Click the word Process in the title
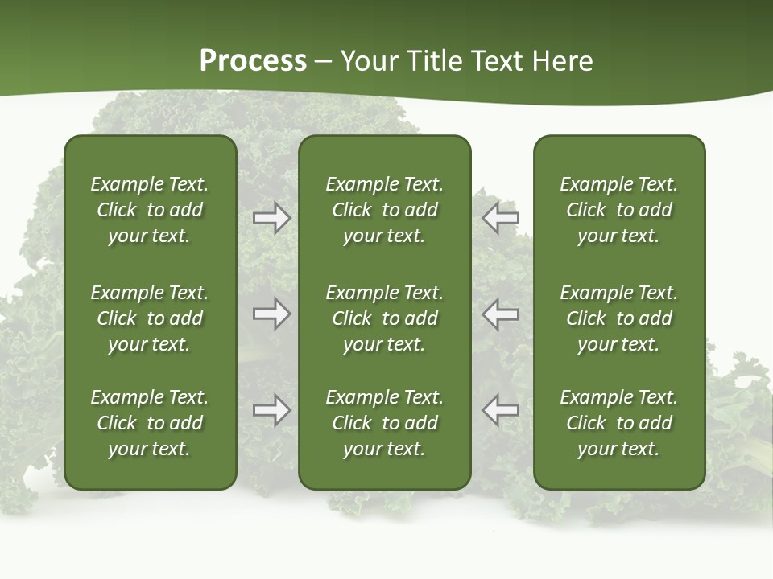[x=253, y=61]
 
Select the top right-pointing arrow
[x=271, y=218]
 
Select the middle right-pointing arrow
[x=271, y=314]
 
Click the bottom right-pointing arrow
[x=271, y=410]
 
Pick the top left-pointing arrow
[x=501, y=218]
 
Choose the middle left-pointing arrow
[x=501, y=314]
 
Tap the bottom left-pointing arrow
[x=501, y=410]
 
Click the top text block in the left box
[x=150, y=210]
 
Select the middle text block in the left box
[x=150, y=318]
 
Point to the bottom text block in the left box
[x=150, y=423]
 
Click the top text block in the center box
[x=384, y=210]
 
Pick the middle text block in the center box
[x=384, y=318]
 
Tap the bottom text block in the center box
[x=384, y=423]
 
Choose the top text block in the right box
[x=618, y=210]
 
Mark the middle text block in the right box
[x=618, y=318]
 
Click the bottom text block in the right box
[x=618, y=423]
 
